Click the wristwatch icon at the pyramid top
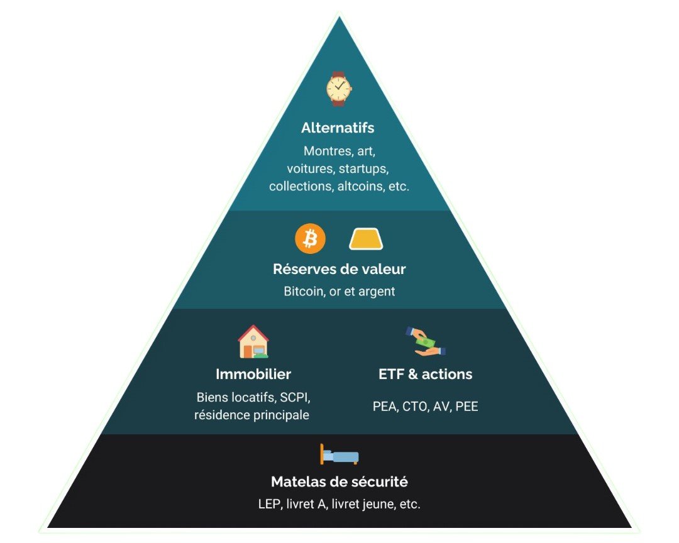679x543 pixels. (339, 89)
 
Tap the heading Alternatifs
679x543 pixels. (338, 128)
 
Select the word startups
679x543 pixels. (364, 168)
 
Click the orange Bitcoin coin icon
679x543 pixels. (310, 239)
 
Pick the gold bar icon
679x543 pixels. (366, 239)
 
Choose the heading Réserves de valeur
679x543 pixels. (339, 269)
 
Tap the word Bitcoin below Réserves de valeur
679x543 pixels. (304, 292)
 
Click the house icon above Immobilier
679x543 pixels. (253, 341)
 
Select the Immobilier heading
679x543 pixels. (253, 374)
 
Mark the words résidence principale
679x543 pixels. (251, 415)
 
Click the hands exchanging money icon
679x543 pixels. (426, 341)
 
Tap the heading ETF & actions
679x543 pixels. (426, 374)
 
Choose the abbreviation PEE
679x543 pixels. (466, 407)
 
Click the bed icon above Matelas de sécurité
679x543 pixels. (339, 455)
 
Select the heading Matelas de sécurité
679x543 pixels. (339, 482)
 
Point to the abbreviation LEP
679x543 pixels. (269, 504)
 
